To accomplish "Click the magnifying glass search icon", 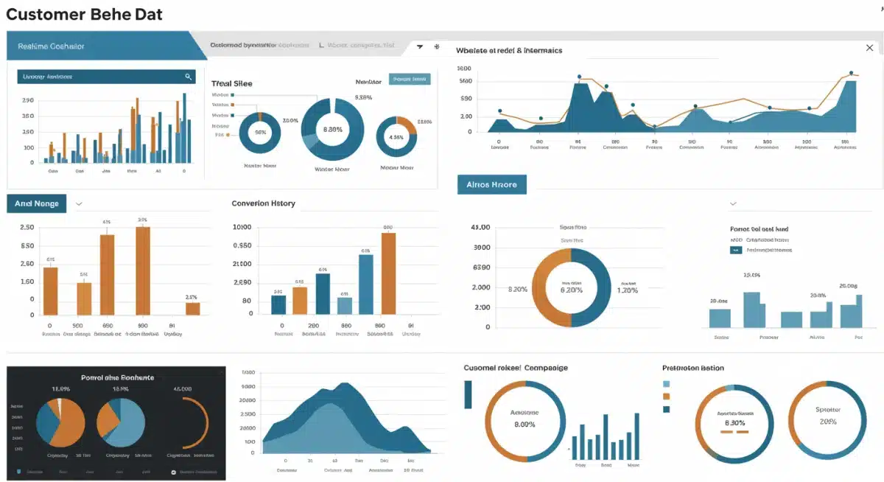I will click(189, 76).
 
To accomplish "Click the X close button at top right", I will click(869, 48).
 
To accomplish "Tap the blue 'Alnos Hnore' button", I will click(492, 184).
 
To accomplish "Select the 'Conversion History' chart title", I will click(263, 203).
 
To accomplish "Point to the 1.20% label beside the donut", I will click(628, 290).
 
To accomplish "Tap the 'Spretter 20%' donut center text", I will click(828, 416).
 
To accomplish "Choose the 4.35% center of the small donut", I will click(396, 137).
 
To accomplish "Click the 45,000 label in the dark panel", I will click(182, 388).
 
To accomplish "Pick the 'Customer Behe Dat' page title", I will click(84, 14).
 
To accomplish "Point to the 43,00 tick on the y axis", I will click(480, 228).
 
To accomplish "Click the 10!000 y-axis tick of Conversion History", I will click(242, 227).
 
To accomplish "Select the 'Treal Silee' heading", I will click(231, 83).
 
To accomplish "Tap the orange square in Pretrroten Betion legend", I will click(667, 397).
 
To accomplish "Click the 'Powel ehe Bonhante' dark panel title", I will click(117, 377).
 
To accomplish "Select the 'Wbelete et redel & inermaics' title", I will click(509, 50).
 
